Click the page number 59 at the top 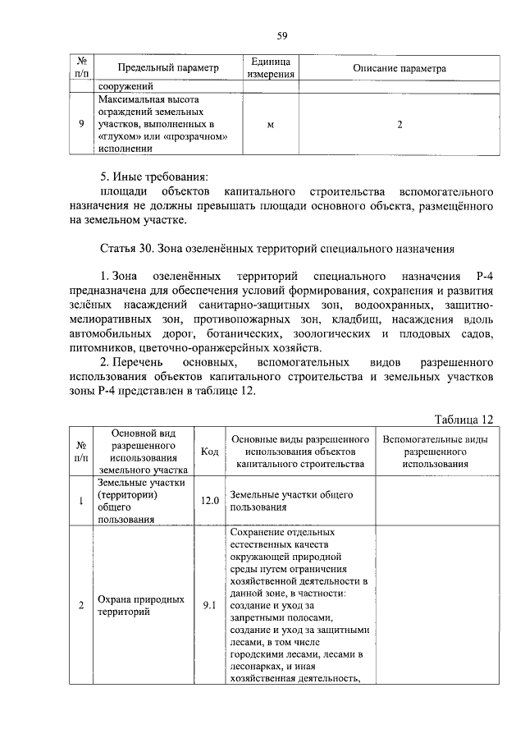point(281,34)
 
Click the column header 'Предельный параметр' point(169,68)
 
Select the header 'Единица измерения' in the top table point(271,68)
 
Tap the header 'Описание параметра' point(399,68)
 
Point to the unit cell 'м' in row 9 point(271,124)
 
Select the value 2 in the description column point(399,124)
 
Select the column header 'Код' point(209,452)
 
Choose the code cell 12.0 point(209,500)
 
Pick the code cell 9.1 point(209,605)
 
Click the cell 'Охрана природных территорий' point(141,605)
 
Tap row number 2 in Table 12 point(81,605)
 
